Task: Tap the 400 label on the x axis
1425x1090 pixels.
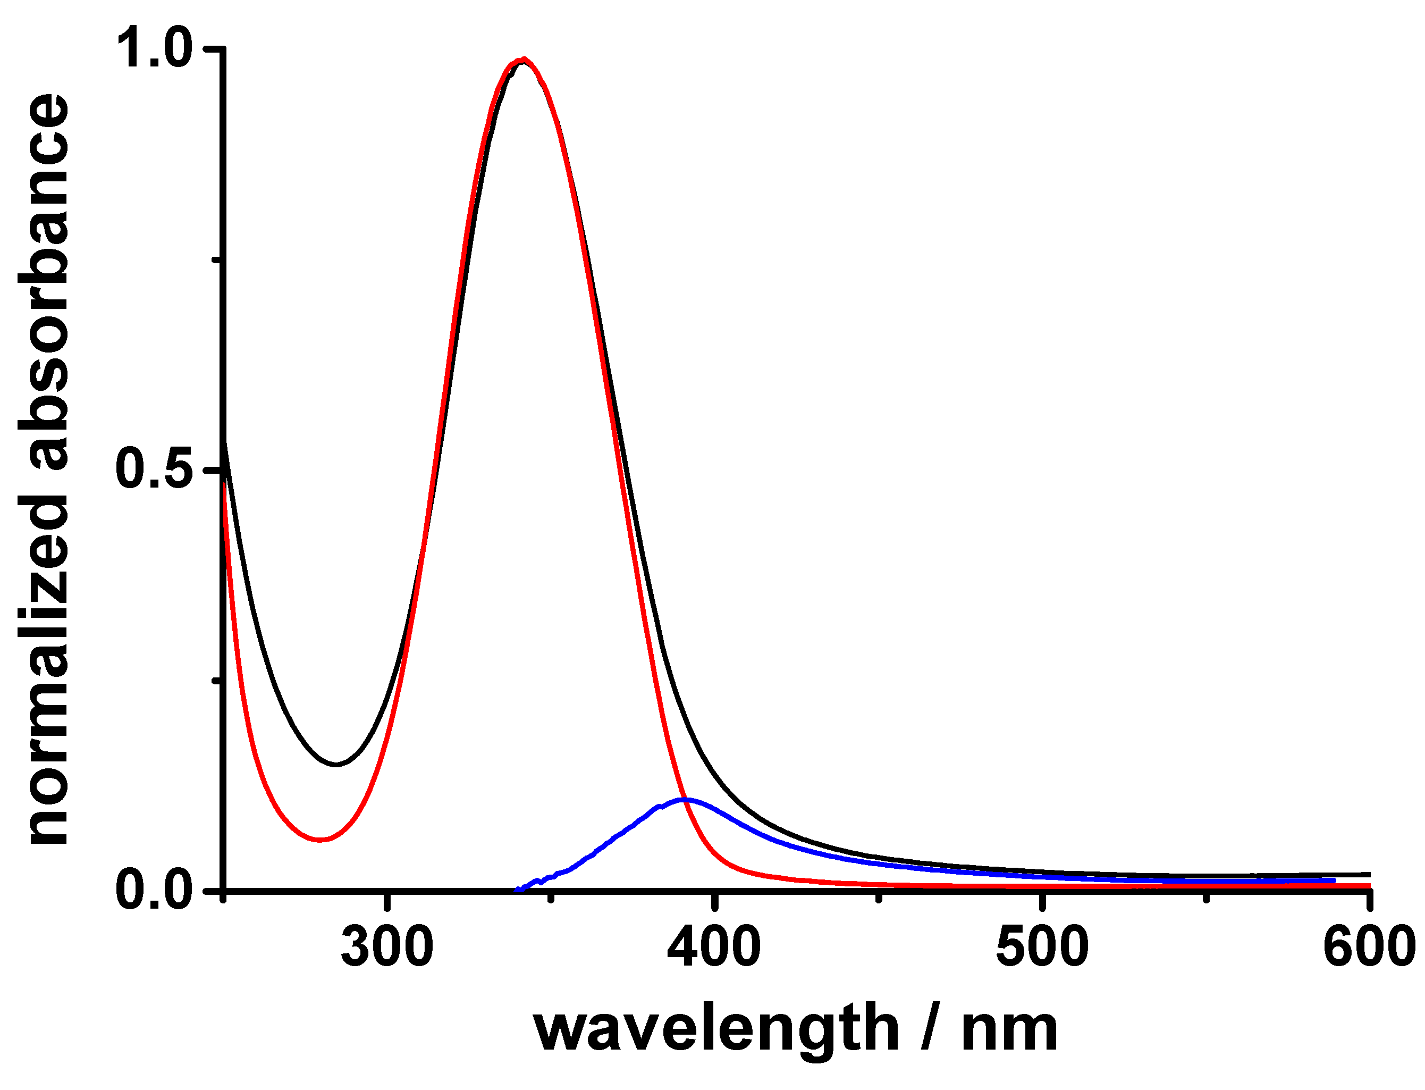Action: pyautogui.click(x=713, y=948)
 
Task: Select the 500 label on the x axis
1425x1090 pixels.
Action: pyautogui.click(x=1041, y=948)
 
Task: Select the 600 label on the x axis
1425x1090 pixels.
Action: pyautogui.click(x=1369, y=948)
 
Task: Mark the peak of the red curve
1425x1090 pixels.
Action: pyautogui.click(x=524, y=59)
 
